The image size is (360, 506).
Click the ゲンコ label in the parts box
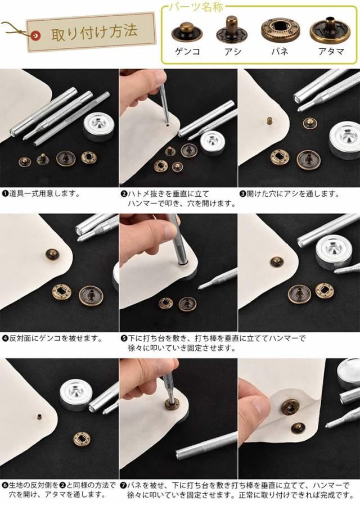[187, 51]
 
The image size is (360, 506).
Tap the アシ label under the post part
[232, 51]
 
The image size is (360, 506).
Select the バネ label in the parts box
[280, 51]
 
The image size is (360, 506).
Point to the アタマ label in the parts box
[331, 51]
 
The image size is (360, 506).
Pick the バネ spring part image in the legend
[280, 30]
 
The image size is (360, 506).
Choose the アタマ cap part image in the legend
[330, 30]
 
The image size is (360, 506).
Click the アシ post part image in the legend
[232, 30]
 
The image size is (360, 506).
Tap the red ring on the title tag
[35, 35]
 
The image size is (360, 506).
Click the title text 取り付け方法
[94, 32]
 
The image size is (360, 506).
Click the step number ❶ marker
[5, 194]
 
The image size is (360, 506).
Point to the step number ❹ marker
[5, 338]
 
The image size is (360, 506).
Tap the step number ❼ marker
[123, 485]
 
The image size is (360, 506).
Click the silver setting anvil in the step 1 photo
[98, 128]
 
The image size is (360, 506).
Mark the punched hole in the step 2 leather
[168, 123]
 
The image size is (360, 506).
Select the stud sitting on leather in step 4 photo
[53, 255]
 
